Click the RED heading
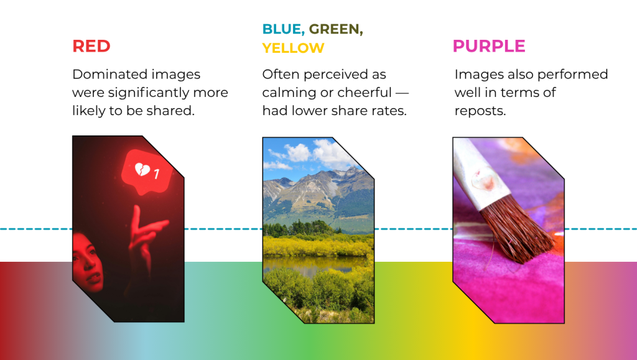click(x=91, y=46)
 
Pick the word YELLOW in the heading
click(x=294, y=48)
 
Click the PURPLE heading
click(x=489, y=46)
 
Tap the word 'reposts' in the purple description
click(x=480, y=111)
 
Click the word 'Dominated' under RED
click(x=105, y=74)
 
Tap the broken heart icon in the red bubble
click(x=142, y=169)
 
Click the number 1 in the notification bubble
click(x=156, y=173)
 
